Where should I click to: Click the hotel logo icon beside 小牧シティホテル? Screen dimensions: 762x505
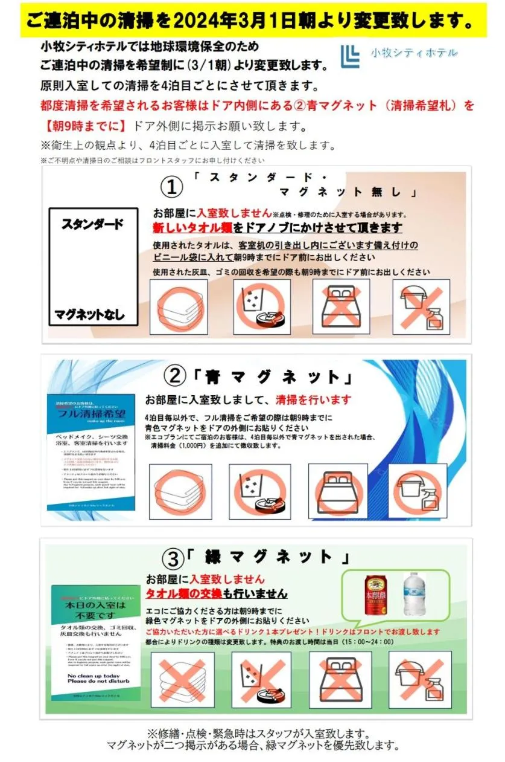[x=350, y=56]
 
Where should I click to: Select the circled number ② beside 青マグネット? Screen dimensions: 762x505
[x=175, y=376]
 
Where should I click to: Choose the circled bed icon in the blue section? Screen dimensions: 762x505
[x=337, y=491]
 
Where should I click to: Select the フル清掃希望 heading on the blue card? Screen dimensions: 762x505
[x=91, y=415]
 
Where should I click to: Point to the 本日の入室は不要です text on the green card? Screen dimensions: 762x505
[x=96, y=610]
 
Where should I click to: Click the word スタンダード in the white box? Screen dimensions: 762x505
[x=92, y=224]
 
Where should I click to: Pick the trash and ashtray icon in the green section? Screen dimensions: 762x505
[x=262, y=679]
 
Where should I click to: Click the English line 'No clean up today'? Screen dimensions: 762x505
[x=95, y=676]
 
